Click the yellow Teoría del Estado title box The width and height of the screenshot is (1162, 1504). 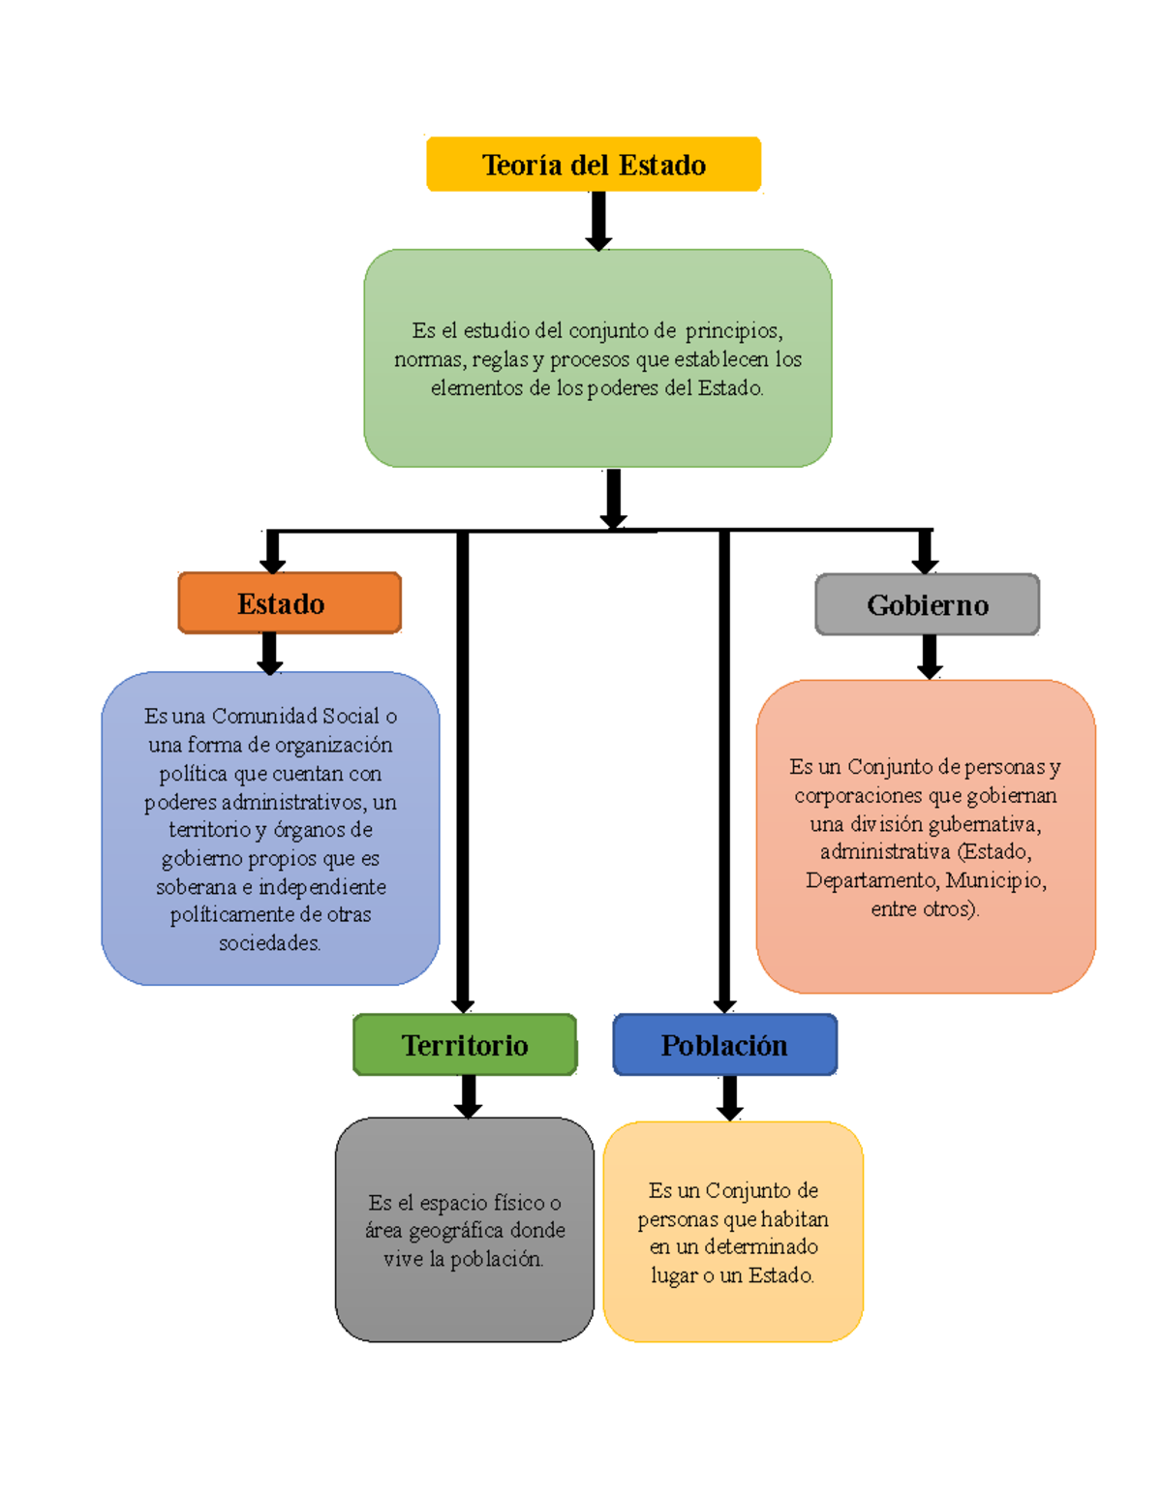(594, 165)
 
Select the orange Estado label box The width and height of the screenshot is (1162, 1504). (290, 603)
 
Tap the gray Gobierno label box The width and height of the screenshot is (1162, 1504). (927, 605)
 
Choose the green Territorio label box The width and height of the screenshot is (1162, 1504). (465, 1045)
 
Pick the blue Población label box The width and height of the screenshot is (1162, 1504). (724, 1045)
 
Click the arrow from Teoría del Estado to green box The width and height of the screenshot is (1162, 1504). (598, 221)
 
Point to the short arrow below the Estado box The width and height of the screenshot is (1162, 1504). (270, 653)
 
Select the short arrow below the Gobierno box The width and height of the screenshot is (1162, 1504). (930, 657)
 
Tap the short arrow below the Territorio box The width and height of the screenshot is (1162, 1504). (469, 1096)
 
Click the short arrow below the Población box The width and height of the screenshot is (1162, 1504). (730, 1098)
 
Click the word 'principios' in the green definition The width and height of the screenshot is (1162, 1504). (733, 331)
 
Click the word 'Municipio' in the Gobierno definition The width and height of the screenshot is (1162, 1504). (995, 881)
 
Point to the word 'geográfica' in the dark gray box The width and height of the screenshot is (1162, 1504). (456, 1231)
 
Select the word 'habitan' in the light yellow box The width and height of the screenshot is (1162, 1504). (795, 1219)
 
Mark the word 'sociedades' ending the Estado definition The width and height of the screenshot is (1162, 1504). (269, 943)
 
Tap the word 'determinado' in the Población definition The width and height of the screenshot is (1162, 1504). (760, 1247)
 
